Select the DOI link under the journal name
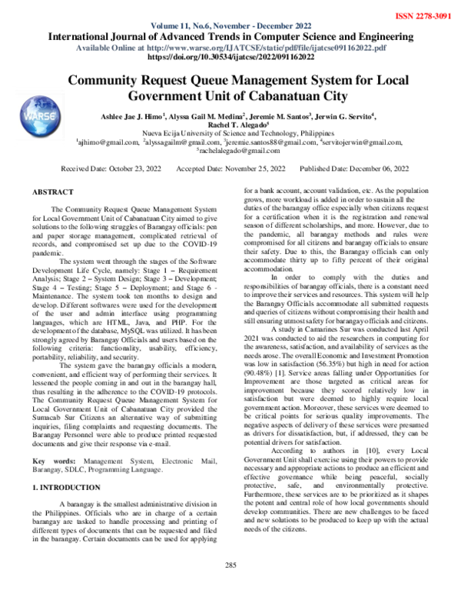click(x=230, y=57)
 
